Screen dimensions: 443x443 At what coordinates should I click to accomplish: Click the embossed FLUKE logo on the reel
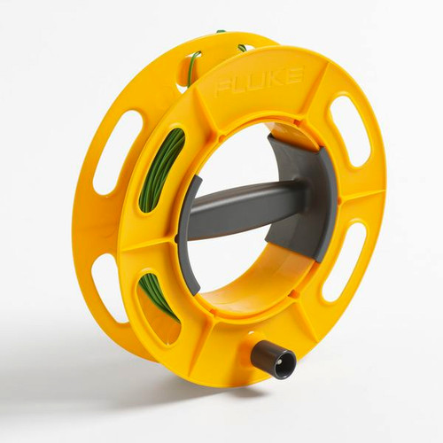tap(259, 80)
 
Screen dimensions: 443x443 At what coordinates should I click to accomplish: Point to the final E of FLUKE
tap(294, 74)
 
